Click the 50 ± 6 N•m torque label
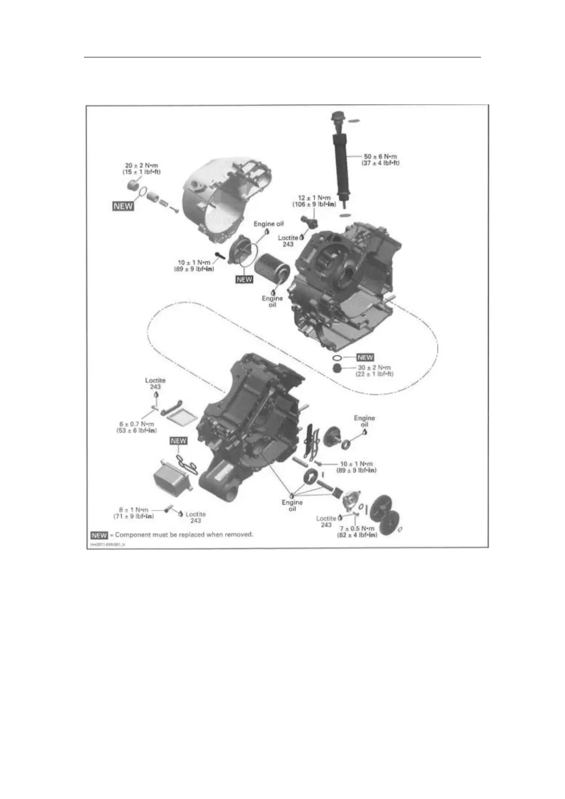point(380,156)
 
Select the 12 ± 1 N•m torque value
point(314,197)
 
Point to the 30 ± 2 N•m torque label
point(374,368)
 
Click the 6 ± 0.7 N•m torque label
point(137,424)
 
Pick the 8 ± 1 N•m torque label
point(134,510)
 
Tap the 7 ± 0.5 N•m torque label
point(357,529)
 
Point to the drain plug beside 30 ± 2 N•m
point(337,369)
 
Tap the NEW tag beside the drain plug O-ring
point(365,357)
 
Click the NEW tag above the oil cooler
point(178,441)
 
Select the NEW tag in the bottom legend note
point(99,535)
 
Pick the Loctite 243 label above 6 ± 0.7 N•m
point(155,383)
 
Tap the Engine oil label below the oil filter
point(272,301)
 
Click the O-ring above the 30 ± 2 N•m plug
point(337,357)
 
